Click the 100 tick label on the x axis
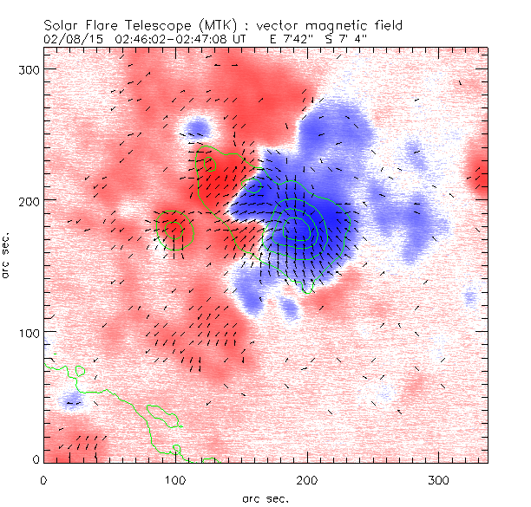coord(175,479)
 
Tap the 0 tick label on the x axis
coord(43,479)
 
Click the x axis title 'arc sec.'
coord(265,497)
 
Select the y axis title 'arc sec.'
coord(8,256)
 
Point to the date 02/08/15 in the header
coord(67,39)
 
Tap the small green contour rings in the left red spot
coord(174,230)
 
